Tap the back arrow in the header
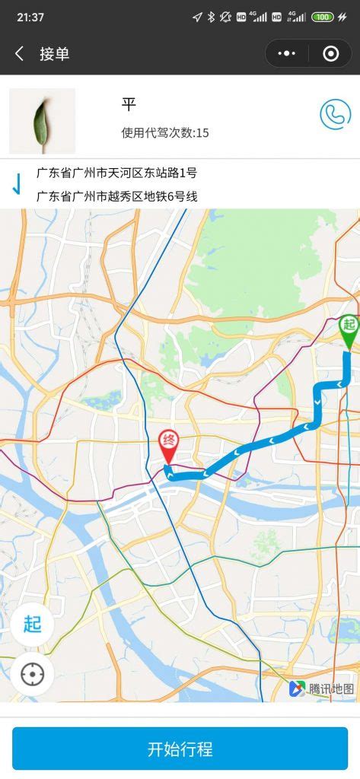click(x=20, y=53)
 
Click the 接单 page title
click(x=55, y=53)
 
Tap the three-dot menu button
click(x=287, y=53)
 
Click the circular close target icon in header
click(x=330, y=53)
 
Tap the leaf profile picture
click(x=42, y=120)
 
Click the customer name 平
click(x=129, y=104)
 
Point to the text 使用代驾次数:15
click(x=165, y=133)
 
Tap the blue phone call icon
click(x=335, y=114)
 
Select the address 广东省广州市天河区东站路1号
click(x=116, y=173)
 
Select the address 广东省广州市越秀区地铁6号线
click(x=117, y=196)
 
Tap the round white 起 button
click(x=32, y=625)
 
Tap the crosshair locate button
click(x=32, y=674)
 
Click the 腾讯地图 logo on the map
click(x=321, y=688)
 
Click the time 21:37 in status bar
click(x=30, y=17)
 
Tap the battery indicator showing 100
click(x=323, y=17)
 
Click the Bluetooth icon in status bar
click(x=212, y=17)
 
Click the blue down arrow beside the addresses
click(x=16, y=184)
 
